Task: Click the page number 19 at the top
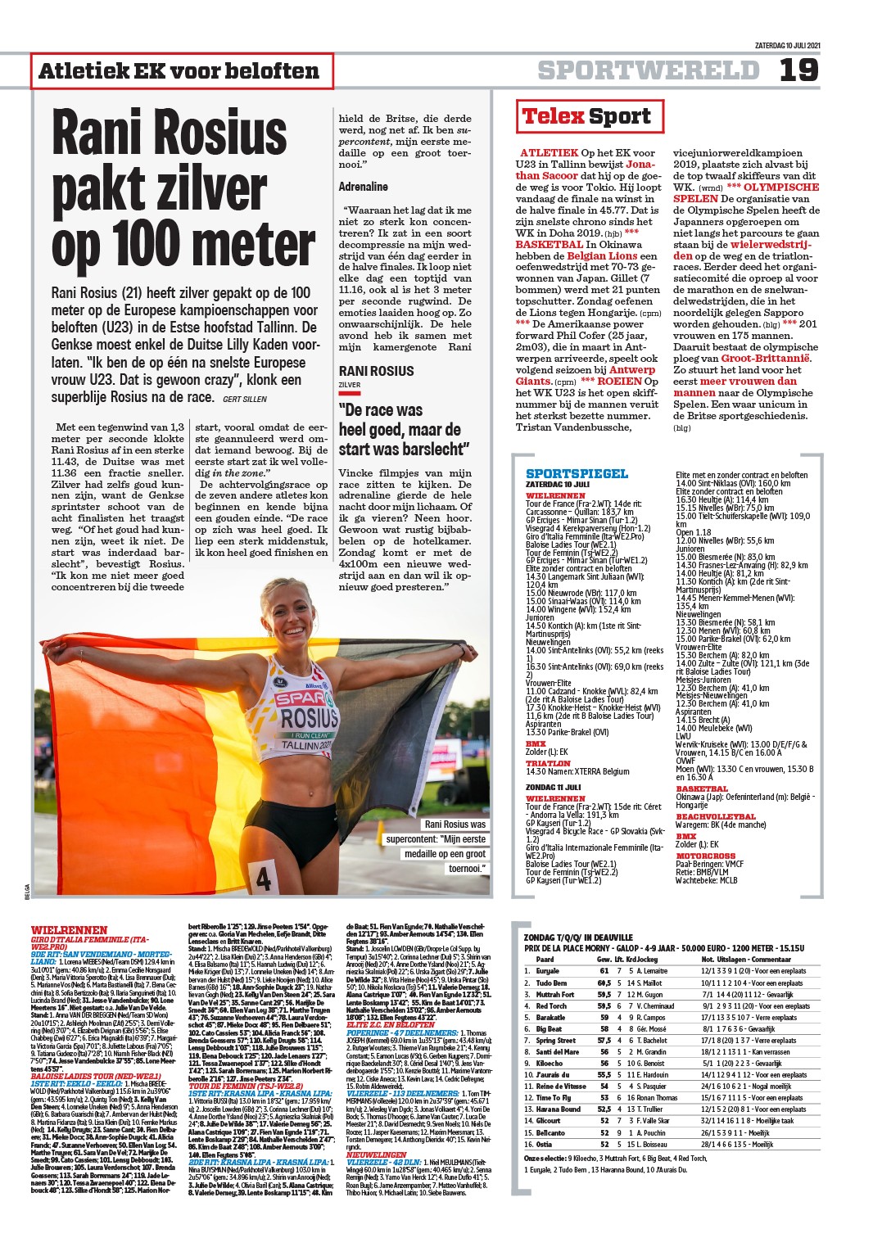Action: [798, 70]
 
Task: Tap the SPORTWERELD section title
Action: [648, 70]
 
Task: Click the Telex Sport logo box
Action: [586, 116]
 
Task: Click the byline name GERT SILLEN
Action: [244, 399]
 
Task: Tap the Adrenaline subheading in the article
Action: [363, 187]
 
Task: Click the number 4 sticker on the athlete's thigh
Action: [263, 879]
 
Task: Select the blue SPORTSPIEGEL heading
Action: [577, 473]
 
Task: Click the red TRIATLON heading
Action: [547, 763]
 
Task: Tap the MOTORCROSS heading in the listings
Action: [705, 856]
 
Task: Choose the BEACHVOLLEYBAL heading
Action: [715, 816]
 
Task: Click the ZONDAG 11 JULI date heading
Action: [553, 787]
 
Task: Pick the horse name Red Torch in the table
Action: [551, 1006]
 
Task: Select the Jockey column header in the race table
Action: [647, 960]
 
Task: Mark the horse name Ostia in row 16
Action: [544, 1144]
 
